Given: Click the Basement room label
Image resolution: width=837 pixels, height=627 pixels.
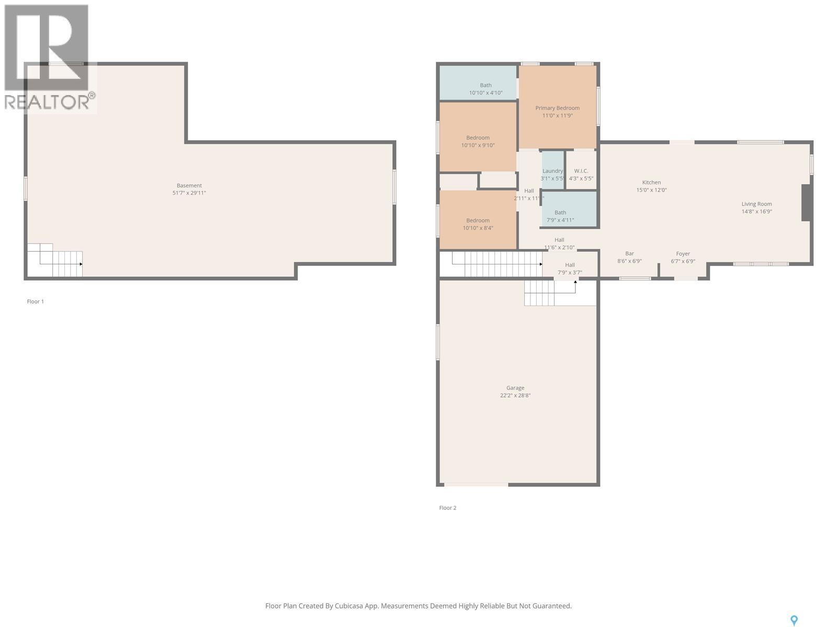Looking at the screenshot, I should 189,185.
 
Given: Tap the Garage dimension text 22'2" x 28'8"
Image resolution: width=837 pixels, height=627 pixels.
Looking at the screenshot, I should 515,396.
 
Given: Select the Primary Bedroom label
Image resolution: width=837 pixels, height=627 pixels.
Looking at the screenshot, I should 557,108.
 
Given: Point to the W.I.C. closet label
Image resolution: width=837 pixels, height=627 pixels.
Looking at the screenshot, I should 581,171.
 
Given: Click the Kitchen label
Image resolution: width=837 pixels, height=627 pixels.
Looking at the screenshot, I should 651,182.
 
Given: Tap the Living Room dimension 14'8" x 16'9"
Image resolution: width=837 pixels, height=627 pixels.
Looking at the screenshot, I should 756,212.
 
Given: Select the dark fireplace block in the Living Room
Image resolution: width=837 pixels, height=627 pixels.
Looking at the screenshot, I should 807,203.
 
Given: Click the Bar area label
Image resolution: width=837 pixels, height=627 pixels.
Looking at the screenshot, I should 629,253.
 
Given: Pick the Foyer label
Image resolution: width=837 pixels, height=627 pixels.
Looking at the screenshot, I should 683,253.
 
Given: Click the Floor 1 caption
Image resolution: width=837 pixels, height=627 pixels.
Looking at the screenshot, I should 36,301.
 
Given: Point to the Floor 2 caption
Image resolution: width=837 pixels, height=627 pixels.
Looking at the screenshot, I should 448,508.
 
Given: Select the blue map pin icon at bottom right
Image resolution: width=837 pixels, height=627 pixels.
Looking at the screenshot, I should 794,620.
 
